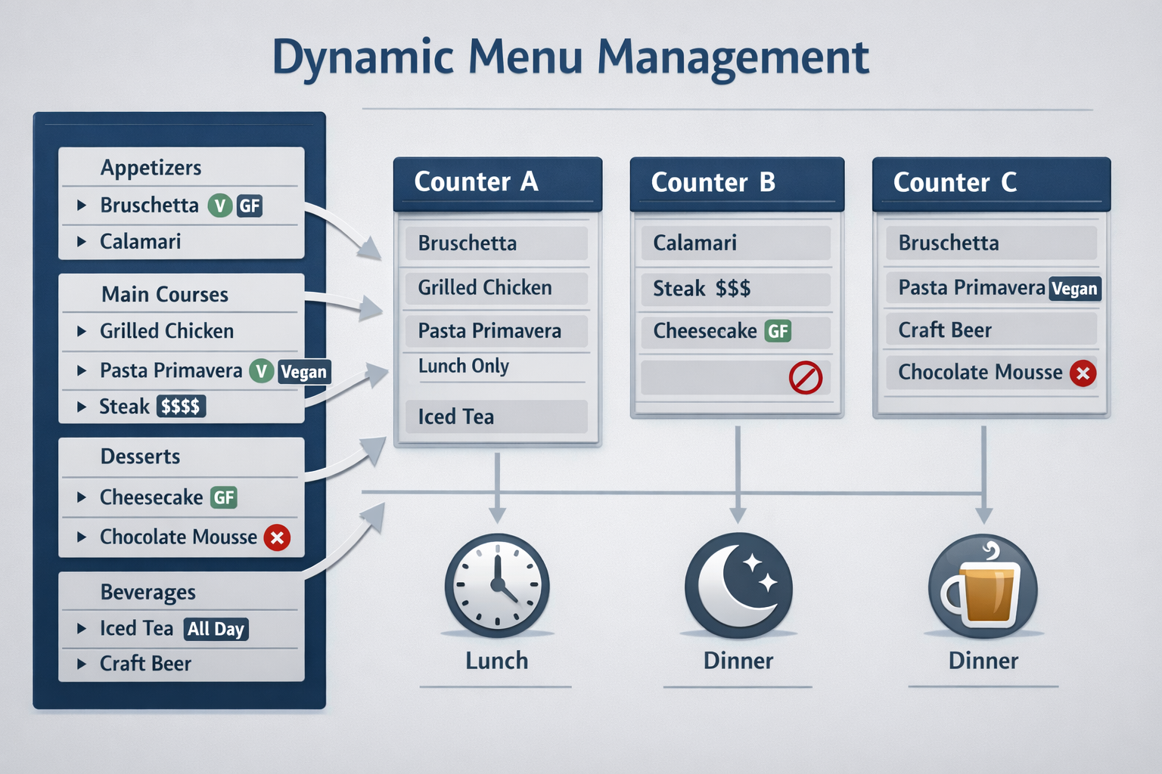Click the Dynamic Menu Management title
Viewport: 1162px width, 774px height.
(570, 57)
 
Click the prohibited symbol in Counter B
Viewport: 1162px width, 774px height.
(805, 377)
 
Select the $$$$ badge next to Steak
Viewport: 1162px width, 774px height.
(181, 407)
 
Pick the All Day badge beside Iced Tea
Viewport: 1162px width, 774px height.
(216, 629)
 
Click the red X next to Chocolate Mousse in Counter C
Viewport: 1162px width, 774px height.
(1083, 373)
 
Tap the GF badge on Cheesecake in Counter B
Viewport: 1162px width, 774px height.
(778, 331)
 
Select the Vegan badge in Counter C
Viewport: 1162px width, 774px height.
(1074, 289)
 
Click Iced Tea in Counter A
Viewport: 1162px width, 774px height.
(456, 416)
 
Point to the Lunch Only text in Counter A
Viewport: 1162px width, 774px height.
(464, 366)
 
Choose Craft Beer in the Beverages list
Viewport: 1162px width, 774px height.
(145, 664)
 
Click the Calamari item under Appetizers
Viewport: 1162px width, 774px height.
(141, 242)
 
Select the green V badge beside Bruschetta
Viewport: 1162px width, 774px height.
(219, 206)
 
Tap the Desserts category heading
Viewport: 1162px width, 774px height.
(141, 457)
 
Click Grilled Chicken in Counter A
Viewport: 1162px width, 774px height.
(485, 287)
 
